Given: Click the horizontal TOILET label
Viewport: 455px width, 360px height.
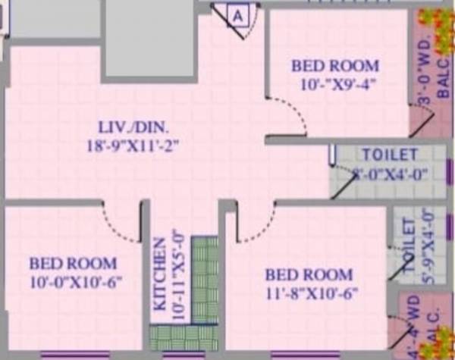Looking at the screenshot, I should click(389, 155).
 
